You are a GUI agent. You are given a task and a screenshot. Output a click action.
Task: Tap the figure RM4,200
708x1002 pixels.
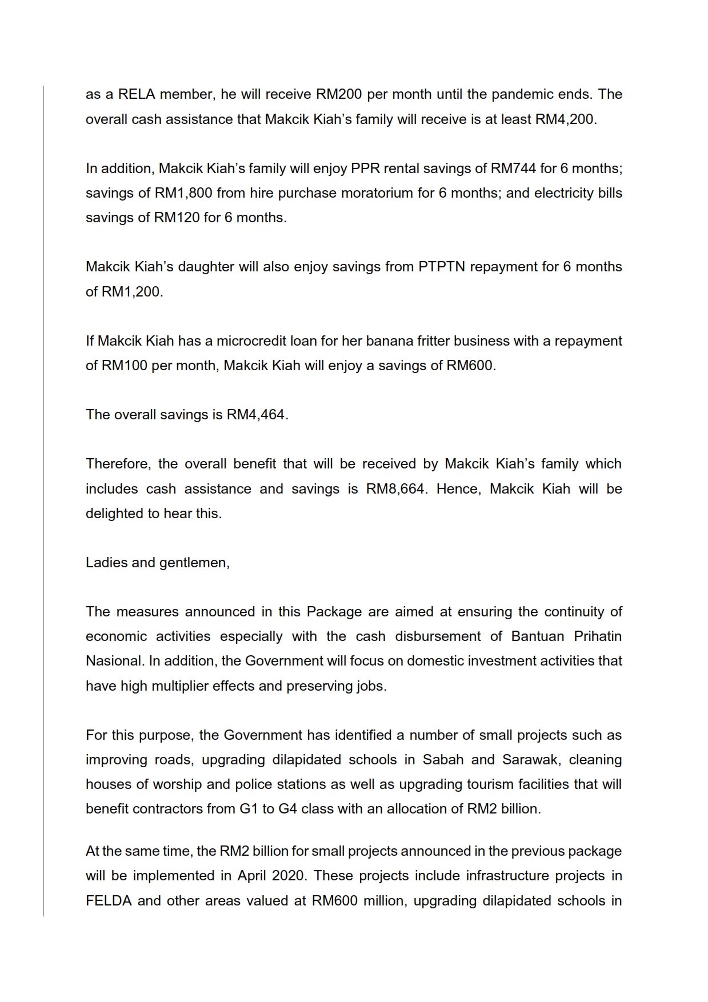(565, 119)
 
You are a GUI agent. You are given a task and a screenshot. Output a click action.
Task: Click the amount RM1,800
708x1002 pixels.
(183, 193)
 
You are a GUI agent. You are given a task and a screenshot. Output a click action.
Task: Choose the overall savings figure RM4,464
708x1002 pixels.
(255, 415)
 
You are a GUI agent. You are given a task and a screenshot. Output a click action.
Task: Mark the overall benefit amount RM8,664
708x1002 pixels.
(395, 489)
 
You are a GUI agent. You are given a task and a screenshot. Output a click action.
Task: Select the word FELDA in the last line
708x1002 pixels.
(109, 901)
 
